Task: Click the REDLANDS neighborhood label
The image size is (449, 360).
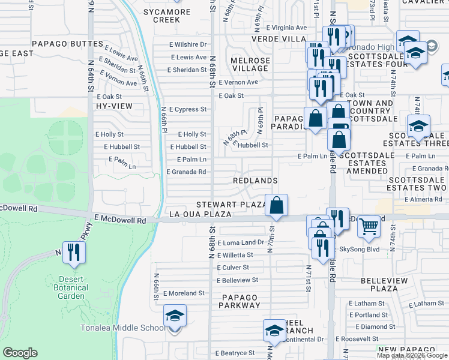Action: pos(255,181)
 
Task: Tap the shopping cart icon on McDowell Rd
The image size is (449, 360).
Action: pos(369,226)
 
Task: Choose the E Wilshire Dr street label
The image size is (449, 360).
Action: pos(188,44)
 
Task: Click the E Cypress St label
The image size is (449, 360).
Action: pos(187,109)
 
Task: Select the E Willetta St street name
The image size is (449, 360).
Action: pos(234,254)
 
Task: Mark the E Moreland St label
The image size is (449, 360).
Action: pos(184,293)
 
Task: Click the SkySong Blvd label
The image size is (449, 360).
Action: pos(361,248)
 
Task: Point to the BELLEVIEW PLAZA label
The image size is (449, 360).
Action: pos(388,284)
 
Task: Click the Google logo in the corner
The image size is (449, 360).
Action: pos(20,352)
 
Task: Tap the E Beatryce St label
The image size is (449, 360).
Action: pos(235,353)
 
